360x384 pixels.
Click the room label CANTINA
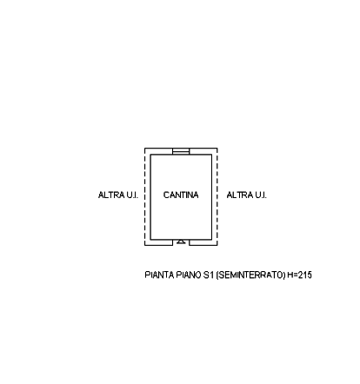181,195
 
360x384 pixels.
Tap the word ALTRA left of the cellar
111,195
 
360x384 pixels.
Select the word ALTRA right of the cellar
239,195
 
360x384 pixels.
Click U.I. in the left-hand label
132,195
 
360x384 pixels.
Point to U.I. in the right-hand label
261,195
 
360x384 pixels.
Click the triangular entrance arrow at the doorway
181,242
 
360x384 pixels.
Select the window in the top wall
181,151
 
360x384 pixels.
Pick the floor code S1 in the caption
209,275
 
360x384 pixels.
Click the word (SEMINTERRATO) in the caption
251,275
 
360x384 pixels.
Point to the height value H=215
300,275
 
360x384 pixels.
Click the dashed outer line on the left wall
145,197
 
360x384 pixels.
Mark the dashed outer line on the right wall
217,197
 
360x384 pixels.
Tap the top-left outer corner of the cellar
145,149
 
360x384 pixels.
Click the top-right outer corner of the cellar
217,149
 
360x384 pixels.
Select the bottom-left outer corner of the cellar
145,246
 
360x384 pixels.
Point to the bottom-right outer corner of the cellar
217,246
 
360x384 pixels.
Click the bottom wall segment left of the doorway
159,242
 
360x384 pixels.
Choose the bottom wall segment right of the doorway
203,242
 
